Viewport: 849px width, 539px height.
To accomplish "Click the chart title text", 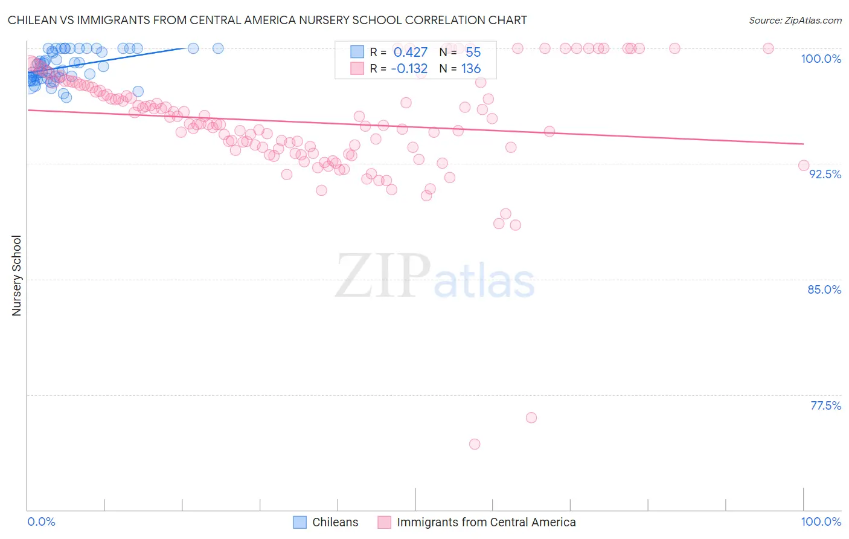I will (267, 20).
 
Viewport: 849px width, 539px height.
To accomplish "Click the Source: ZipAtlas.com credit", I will (795, 20).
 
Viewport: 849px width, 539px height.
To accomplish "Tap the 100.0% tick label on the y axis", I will (821, 59).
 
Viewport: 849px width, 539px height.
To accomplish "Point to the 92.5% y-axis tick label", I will (825, 174).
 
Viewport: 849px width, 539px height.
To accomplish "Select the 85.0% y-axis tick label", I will (824, 289).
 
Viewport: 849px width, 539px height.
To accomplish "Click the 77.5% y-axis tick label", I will (825, 405).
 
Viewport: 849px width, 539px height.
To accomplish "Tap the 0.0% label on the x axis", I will (41, 521).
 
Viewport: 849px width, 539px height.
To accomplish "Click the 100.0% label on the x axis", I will (821, 521).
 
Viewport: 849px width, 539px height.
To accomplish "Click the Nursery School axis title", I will (17, 276).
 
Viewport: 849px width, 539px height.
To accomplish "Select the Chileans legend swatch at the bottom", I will (300, 522).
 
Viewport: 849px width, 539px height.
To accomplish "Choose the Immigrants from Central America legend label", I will (486, 522).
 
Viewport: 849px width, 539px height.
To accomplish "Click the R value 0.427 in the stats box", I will (410, 53).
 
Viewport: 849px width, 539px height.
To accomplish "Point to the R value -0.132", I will (409, 69).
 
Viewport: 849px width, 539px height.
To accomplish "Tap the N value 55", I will (473, 53).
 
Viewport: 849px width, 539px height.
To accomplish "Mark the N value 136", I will (471, 69).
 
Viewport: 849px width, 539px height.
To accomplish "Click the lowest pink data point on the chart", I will (475, 444).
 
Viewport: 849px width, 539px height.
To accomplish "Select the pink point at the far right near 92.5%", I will (804, 166).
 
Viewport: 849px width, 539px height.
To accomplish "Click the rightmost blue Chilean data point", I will (218, 48).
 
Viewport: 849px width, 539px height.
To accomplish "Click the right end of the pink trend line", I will (803, 144).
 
